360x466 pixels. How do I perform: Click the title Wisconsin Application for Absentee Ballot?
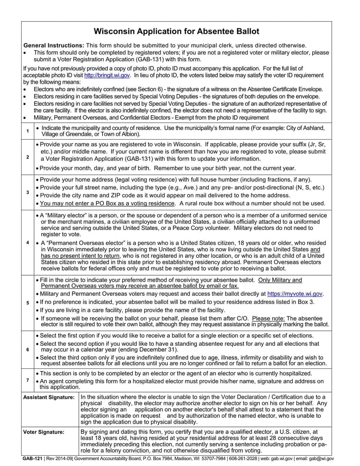[176, 32]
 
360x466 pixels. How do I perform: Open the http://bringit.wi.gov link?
[107, 75]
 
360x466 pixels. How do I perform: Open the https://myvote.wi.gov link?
[295, 294]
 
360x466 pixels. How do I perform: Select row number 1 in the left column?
[27, 131]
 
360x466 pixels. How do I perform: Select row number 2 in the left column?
[27, 157]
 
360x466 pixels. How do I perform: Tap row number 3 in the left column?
[27, 192]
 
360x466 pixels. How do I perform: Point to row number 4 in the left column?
[27, 243]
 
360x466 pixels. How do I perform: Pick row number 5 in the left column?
[27, 302]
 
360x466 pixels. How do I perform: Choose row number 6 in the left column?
[27, 349]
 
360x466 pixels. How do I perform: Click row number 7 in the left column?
[27, 380]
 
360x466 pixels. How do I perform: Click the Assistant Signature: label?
[49, 397]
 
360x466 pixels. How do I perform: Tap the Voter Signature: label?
[44, 432]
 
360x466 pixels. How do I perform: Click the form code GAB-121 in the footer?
[33, 458]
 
